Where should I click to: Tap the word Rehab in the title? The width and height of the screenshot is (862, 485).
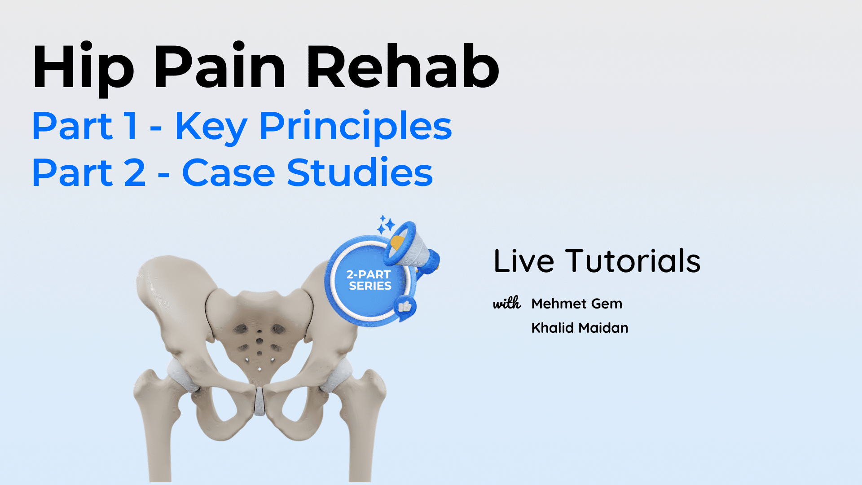click(x=403, y=66)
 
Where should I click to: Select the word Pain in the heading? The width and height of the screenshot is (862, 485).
click(x=220, y=66)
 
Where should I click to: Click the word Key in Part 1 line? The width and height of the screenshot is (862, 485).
click(x=211, y=128)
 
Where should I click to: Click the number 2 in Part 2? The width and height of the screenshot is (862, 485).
click(x=135, y=173)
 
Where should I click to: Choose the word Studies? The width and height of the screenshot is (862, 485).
click(x=360, y=172)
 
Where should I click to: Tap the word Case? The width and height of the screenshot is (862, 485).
click(x=229, y=173)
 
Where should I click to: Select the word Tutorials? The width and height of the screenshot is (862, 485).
click(x=633, y=261)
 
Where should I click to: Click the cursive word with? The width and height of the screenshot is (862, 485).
click(x=507, y=303)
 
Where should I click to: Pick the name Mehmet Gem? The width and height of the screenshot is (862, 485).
click(x=577, y=304)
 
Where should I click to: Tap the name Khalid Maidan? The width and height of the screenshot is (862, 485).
click(x=580, y=328)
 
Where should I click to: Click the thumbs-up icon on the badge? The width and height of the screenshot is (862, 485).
click(x=405, y=307)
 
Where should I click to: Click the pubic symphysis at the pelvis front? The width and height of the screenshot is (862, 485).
click(x=259, y=401)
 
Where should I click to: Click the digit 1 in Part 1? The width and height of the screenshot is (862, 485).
click(x=132, y=126)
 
